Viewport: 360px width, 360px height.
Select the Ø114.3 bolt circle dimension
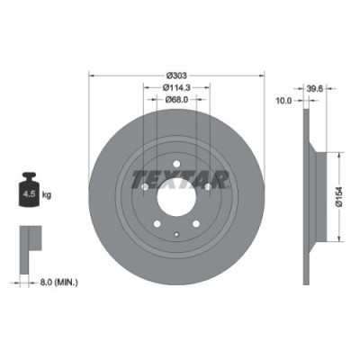point(177,87)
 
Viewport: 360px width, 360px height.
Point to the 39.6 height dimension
point(315,90)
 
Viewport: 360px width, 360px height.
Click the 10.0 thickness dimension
point(282,102)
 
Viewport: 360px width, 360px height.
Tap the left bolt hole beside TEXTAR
point(144,186)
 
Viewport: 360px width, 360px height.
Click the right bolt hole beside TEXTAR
point(209,186)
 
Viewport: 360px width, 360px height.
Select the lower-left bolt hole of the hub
point(157,225)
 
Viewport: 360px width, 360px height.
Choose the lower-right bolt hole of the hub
point(197,225)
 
